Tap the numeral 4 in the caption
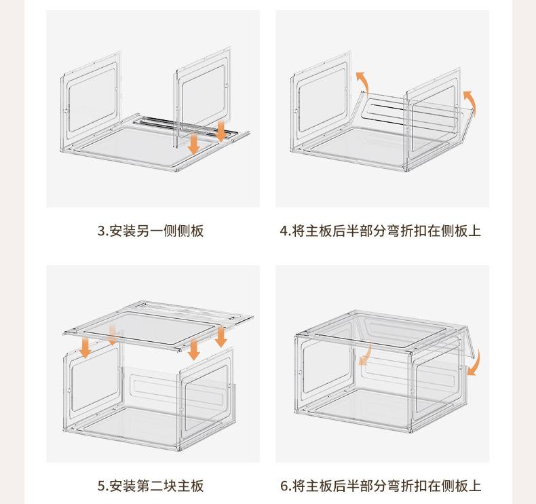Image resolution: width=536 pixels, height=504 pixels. coord(283,231)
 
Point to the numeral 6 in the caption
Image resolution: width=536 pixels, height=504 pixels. coord(283,486)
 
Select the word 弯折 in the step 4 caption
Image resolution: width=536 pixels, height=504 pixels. coord(402,231)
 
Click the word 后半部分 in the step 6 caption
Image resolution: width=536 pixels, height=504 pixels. coord(356,486)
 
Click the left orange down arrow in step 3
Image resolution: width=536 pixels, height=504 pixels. coord(193,143)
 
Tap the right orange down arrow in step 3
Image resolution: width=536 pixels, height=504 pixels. coord(221,130)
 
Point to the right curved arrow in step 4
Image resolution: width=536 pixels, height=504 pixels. coord(470,102)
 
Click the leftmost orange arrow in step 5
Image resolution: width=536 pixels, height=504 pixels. coord(85,348)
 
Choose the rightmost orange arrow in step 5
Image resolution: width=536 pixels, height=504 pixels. coord(221,336)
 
